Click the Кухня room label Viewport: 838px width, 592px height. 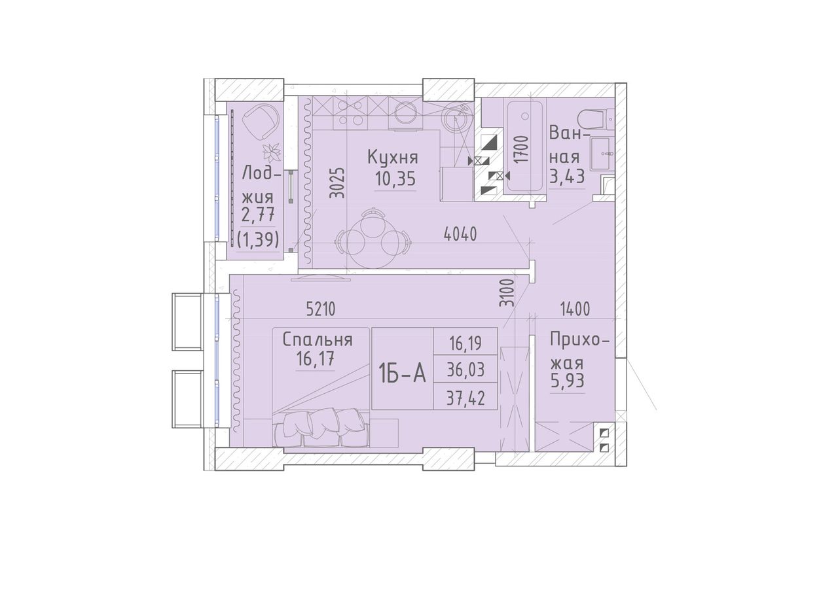(393, 158)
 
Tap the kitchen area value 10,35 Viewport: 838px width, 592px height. (395, 179)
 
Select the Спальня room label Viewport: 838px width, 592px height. (318, 340)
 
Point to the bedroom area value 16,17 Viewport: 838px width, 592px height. (315, 359)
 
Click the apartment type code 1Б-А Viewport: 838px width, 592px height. (402, 374)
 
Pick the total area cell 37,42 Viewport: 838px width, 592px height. (465, 399)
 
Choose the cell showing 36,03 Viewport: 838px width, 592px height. (465, 370)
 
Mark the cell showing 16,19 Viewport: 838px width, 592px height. (465, 343)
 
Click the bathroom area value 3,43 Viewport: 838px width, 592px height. (567, 177)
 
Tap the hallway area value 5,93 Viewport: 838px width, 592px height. (568, 381)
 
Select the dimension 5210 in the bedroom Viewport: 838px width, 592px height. (321, 309)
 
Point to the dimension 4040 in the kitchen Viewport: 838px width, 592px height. (460, 234)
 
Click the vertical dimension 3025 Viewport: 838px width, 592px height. (338, 183)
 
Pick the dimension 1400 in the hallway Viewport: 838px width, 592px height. (575, 309)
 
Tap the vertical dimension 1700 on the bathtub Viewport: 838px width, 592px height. (522, 149)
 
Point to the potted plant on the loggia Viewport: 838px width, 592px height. (272, 153)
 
